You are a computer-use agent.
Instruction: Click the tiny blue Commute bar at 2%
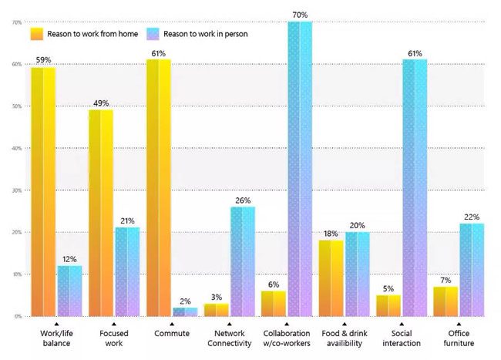pos(184,311)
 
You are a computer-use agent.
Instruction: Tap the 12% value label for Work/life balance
pos(69,258)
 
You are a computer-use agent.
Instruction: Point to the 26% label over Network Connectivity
pos(242,200)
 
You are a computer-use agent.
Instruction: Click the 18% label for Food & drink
pos(330,234)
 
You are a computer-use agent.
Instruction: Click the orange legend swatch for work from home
pos(36,34)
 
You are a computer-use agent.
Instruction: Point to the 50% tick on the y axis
pos(16,106)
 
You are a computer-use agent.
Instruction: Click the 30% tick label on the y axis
pos(16,190)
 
